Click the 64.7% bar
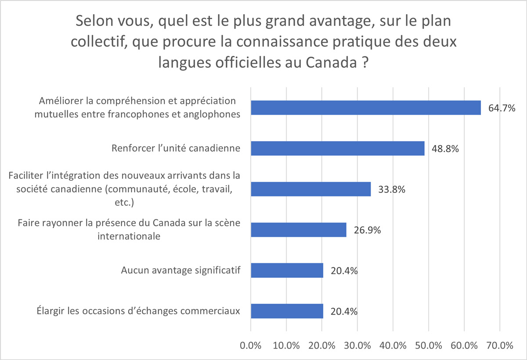tap(365, 107)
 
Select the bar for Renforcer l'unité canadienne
tap(337, 148)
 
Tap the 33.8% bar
tap(310, 189)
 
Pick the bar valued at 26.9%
tap(298, 229)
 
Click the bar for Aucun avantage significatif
tap(287, 270)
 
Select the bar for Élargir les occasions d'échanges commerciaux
tap(287, 311)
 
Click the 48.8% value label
tap(445, 149)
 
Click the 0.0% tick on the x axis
tap(251, 345)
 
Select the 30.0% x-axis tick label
tap(357, 345)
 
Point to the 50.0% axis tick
tap(429, 345)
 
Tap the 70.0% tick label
tap(500, 345)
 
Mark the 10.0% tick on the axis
tap(286, 345)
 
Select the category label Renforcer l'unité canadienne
tap(176, 148)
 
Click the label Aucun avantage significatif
tap(180, 270)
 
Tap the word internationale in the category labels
tap(128, 236)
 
